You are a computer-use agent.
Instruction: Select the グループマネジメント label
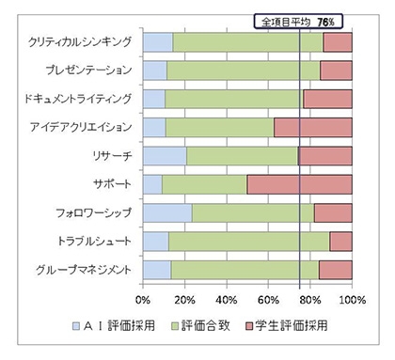[x=83, y=270]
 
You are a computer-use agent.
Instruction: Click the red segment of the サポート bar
[x=299, y=184]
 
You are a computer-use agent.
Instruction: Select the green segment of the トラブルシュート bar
[x=249, y=242]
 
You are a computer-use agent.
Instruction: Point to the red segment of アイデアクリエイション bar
[x=313, y=128]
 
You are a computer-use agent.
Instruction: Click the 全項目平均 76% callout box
[x=300, y=20]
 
